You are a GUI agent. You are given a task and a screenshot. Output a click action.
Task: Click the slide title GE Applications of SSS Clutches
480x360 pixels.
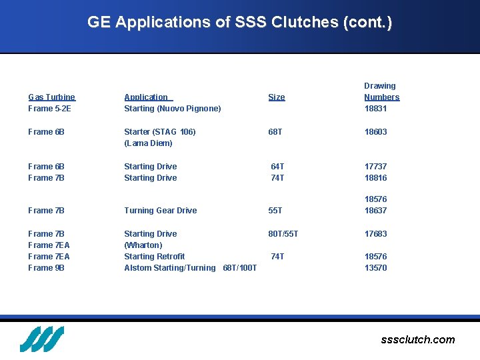click(239, 22)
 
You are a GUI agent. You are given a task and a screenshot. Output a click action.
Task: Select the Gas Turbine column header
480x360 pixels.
click(51, 97)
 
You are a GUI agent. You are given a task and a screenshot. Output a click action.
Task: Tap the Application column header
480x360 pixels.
click(148, 97)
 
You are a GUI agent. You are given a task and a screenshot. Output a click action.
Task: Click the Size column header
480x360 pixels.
click(276, 97)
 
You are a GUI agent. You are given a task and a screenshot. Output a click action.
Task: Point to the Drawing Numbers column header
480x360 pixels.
click(381, 91)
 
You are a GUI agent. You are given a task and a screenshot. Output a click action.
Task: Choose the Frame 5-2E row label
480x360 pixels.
click(49, 109)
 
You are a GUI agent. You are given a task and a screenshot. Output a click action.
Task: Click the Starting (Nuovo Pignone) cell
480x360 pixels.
click(172, 109)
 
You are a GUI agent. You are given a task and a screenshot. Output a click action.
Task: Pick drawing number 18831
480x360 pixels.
click(375, 109)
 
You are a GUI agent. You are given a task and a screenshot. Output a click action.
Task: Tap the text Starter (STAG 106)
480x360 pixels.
click(160, 132)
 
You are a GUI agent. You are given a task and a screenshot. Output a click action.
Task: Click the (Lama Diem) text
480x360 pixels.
click(148, 143)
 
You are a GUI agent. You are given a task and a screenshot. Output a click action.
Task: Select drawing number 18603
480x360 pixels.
click(375, 132)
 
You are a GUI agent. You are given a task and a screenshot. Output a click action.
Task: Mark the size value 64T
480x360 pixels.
click(277, 167)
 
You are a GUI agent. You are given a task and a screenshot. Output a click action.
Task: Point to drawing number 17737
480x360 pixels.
click(375, 167)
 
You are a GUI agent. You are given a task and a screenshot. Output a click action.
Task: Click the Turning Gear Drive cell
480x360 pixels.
click(160, 211)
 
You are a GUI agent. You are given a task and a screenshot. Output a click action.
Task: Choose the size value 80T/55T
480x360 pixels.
click(283, 234)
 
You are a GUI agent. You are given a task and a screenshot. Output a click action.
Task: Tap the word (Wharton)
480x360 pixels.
click(143, 245)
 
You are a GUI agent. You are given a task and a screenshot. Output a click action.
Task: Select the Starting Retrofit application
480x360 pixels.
click(154, 257)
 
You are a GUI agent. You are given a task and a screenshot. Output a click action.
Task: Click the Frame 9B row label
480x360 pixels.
click(46, 268)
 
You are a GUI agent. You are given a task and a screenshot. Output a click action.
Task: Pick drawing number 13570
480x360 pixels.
click(375, 268)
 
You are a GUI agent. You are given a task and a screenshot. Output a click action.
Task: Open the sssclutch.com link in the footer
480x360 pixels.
click(417, 340)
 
